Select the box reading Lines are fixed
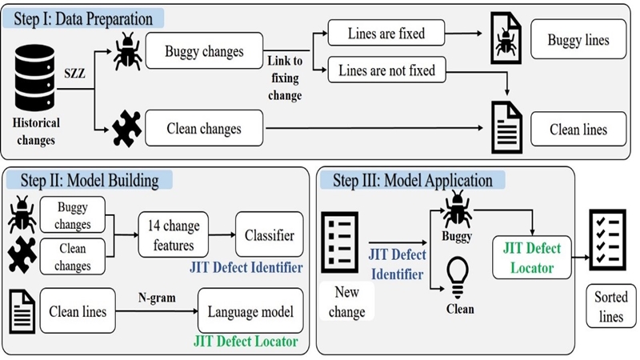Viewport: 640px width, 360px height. (x=386, y=34)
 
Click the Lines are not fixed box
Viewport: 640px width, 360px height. (x=386, y=70)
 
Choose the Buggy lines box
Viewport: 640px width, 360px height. (x=578, y=40)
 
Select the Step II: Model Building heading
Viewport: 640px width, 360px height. (x=88, y=181)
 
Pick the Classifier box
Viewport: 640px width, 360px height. (x=270, y=234)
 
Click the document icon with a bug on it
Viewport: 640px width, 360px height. (x=503, y=40)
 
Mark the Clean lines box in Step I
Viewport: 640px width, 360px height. (x=578, y=129)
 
